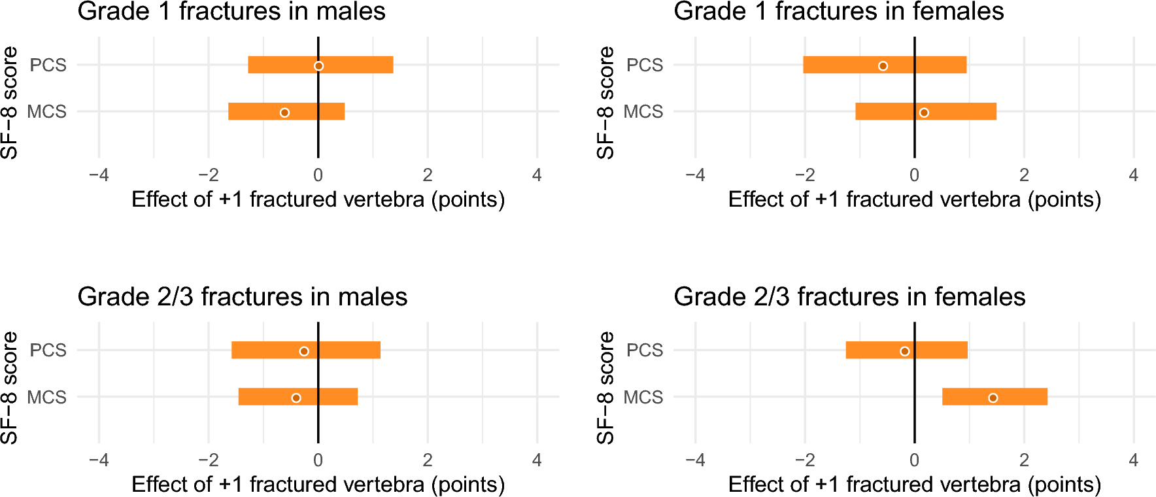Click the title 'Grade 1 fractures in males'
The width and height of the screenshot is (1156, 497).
[x=231, y=12]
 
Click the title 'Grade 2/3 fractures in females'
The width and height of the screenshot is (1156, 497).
[x=849, y=297]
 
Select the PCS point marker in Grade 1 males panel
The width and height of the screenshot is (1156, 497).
[x=318, y=65]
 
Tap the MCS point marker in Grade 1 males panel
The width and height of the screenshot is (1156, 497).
[x=284, y=112]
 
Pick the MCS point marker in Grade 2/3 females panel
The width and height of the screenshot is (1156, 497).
[x=993, y=398]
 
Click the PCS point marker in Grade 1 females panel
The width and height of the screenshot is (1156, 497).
[x=883, y=65]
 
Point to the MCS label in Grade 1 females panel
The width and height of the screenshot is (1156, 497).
[x=643, y=112]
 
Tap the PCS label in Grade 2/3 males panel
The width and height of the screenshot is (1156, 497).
[x=48, y=350]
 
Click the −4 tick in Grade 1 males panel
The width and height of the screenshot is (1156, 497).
[x=99, y=175]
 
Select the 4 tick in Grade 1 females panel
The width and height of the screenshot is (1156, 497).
[x=1133, y=175]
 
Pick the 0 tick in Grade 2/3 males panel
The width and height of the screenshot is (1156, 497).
[x=318, y=460]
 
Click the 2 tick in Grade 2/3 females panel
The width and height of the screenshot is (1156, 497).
[x=1024, y=460]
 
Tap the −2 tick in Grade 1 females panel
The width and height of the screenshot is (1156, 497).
[x=804, y=175]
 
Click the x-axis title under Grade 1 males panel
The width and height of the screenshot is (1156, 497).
[x=318, y=199]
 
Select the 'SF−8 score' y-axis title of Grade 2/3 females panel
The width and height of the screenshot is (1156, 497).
[x=605, y=388]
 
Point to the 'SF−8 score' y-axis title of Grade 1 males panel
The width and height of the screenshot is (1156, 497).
[x=9, y=103]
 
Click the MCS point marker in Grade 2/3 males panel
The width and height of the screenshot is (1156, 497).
[x=296, y=398]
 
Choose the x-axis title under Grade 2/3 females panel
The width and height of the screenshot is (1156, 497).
[x=914, y=484]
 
